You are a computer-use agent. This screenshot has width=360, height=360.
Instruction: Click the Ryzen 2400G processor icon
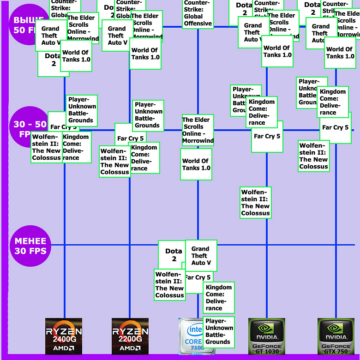pyautogui.click(x=64, y=336)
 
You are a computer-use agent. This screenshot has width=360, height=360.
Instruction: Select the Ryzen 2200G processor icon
pyautogui.click(x=130, y=336)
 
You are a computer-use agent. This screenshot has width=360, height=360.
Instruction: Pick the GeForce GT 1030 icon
pyautogui.click(x=266, y=336)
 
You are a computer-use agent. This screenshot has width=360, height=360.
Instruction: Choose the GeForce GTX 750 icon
pyautogui.click(x=336, y=336)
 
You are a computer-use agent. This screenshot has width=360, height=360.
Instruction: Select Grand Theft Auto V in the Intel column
pyautogui.click(x=201, y=256)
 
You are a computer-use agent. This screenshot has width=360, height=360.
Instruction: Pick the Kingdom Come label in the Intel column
pyautogui.click(x=219, y=298)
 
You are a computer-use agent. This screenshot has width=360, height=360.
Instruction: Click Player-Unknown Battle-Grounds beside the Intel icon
pyautogui.click(x=218, y=331)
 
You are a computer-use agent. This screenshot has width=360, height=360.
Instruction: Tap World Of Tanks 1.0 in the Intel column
pyautogui.click(x=196, y=164)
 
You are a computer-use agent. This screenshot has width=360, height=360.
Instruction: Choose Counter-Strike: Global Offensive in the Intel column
pyautogui.click(x=198, y=14)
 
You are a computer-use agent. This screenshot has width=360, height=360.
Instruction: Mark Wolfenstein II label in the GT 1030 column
pyautogui.click(x=256, y=202)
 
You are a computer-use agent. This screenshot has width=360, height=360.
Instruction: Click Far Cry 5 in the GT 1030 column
pyautogui.click(x=267, y=137)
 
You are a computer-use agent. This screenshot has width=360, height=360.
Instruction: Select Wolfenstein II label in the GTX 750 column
pyautogui.click(x=314, y=156)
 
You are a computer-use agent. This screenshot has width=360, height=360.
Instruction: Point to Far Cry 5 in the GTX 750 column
pyautogui.click(x=336, y=128)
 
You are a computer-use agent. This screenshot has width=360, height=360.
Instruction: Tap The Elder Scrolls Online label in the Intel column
pyautogui.click(x=198, y=130)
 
